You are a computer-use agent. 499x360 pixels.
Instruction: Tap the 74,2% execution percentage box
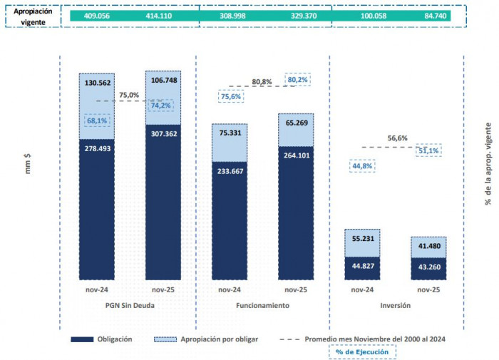pos(162,106)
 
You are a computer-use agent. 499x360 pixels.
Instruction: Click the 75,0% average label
pos(129,94)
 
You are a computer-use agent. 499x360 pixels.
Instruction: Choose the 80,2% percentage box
pos(298,80)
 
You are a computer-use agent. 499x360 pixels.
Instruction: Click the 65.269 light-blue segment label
pos(296,123)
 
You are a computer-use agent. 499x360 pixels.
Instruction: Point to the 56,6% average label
pos(398,138)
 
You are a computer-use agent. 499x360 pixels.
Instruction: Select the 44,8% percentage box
pos(363,166)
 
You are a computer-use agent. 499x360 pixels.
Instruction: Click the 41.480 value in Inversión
pos(429,246)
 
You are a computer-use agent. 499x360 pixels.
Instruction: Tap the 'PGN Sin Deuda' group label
pos(129,305)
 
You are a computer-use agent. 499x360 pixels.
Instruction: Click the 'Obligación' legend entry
pos(111,339)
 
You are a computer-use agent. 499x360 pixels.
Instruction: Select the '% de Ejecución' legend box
pos(363,351)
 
